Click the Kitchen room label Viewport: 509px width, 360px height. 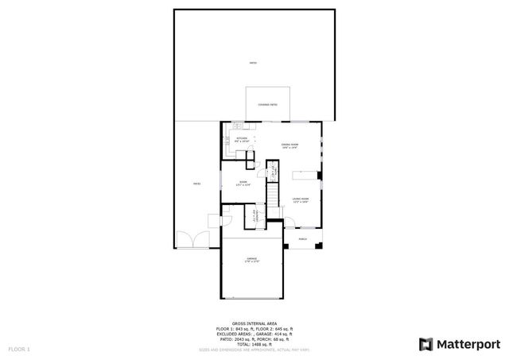pos(242,140)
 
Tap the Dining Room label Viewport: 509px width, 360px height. pos(289,145)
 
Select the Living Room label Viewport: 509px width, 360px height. pos(300,200)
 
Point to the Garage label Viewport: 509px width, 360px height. pos(251,260)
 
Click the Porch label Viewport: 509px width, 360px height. pos(302,238)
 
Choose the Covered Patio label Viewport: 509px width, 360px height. pos(267,104)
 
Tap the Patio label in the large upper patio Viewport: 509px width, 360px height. pos(253,62)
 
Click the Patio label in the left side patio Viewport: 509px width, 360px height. pos(196,184)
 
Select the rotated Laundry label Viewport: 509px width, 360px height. pos(254,216)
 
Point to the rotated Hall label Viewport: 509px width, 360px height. pos(271,171)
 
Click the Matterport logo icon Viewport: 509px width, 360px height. pos(425,343)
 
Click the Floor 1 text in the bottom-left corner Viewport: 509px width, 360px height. pos(19,349)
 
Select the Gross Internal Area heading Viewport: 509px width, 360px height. pos(254,323)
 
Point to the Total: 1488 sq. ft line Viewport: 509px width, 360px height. pos(254,343)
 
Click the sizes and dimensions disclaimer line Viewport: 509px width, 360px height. pos(254,349)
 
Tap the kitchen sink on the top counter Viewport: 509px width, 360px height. pos(238,128)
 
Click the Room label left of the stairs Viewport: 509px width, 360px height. pos(243,182)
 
